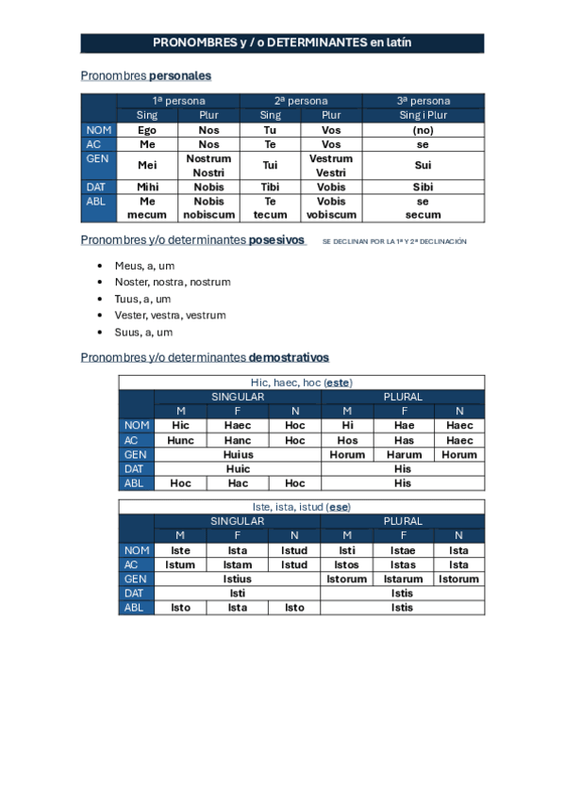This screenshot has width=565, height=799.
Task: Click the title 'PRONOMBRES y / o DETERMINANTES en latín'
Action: pos(282,43)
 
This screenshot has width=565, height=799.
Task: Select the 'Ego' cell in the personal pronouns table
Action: pos(147,130)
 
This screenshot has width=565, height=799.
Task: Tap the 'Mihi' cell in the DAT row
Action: pos(147,187)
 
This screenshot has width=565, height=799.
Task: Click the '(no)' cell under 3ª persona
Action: pos(423,130)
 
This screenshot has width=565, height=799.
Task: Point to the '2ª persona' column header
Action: pos(301,101)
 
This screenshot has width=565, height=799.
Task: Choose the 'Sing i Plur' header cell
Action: pos(423,115)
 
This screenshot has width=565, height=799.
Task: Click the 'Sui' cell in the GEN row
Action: pos(423,166)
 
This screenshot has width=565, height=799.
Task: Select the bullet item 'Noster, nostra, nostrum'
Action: pos(173,282)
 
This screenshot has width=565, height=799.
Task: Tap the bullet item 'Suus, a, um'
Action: pos(143,333)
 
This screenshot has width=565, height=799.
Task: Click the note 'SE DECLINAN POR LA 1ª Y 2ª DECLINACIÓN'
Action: pos(394,242)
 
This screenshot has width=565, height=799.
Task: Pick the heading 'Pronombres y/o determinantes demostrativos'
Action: pos(205,358)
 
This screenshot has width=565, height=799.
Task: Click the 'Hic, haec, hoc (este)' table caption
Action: pos(301,383)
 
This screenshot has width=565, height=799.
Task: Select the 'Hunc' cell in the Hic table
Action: pos(181,440)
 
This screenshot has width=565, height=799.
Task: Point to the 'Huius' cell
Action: pos(238,454)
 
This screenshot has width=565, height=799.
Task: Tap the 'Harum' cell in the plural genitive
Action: pos(404,454)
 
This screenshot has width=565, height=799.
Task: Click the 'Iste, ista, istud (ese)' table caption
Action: pos(301,507)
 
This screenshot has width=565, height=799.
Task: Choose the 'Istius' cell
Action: pos(238,579)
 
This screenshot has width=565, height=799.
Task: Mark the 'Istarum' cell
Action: pos(404,579)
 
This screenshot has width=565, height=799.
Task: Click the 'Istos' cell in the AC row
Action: pos(347,564)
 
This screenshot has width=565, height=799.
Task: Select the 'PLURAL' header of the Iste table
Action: pos(404,521)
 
